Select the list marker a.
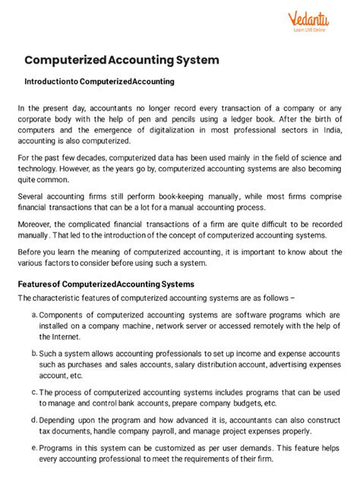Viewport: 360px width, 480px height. pyautogui.click(x=34, y=314)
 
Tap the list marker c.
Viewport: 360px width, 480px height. pyautogui.click(x=34, y=391)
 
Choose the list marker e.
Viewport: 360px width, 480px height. pyautogui.click(x=34, y=448)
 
